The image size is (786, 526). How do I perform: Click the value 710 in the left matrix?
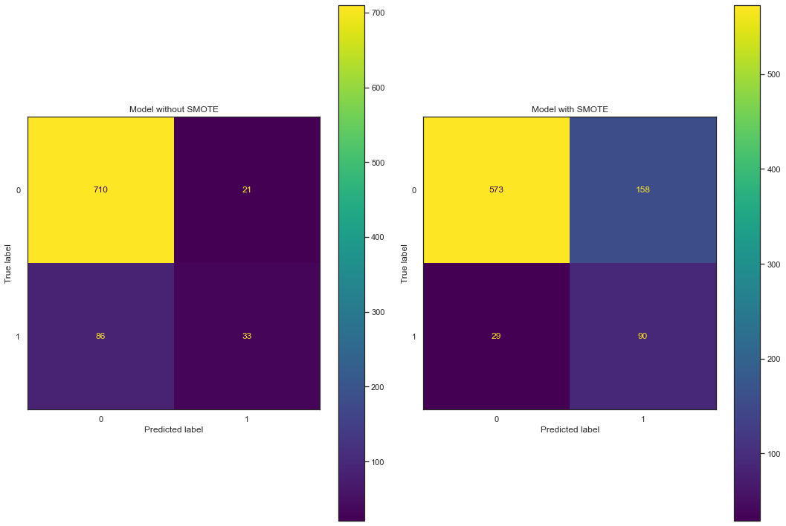(x=100, y=189)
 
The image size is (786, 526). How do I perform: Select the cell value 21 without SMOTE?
(x=247, y=189)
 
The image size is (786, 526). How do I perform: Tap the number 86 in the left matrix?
(x=100, y=336)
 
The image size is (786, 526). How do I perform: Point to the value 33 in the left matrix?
(x=247, y=336)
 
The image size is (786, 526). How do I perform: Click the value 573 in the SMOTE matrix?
(x=496, y=189)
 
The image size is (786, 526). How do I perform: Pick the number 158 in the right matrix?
(x=642, y=189)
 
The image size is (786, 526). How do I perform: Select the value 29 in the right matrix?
(x=496, y=336)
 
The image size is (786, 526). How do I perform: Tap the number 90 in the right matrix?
(x=642, y=336)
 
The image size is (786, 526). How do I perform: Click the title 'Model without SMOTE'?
(x=173, y=109)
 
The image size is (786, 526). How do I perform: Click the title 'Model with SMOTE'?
(x=570, y=109)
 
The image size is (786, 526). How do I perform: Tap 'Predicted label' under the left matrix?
(x=173, y=429)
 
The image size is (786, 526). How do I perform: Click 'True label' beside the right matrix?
(x=405, y=262)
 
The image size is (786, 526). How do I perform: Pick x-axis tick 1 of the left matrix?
(x=247, y=418)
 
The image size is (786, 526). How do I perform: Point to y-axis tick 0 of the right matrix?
(x=413, y=190)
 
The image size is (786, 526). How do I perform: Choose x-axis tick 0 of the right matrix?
(x=496, y=418)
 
